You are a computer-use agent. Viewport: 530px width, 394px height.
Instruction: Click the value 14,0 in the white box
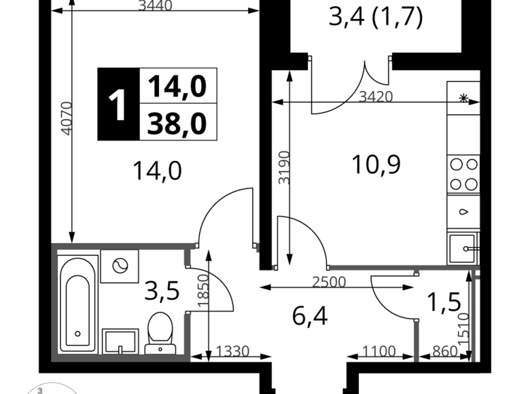[177, 86]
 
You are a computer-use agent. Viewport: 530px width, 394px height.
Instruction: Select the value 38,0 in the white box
[177, 124]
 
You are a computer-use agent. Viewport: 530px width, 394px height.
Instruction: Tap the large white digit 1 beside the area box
[119, 106]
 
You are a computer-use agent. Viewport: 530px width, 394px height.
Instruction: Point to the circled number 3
[40, 391]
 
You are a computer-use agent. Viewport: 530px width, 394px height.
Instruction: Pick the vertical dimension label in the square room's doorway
[202, 290]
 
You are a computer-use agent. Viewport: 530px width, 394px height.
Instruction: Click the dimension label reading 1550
[232, 351]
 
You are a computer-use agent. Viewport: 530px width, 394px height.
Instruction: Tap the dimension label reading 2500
[329, 281]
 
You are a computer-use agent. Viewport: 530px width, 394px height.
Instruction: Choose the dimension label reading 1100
[378, 351]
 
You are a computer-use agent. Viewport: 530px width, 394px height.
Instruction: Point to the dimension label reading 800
[445, 351]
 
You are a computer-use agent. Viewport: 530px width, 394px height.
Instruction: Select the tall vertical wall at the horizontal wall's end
[475, 312]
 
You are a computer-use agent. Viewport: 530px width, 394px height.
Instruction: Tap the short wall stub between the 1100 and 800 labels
[417, 341]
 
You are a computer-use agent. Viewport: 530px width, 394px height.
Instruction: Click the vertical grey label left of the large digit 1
[66, 117]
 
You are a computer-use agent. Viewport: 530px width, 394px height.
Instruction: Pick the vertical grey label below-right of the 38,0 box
[285, 165]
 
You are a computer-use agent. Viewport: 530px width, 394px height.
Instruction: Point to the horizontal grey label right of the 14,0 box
[378, 94]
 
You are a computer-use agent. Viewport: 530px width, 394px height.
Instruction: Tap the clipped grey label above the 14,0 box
[156, 5]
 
